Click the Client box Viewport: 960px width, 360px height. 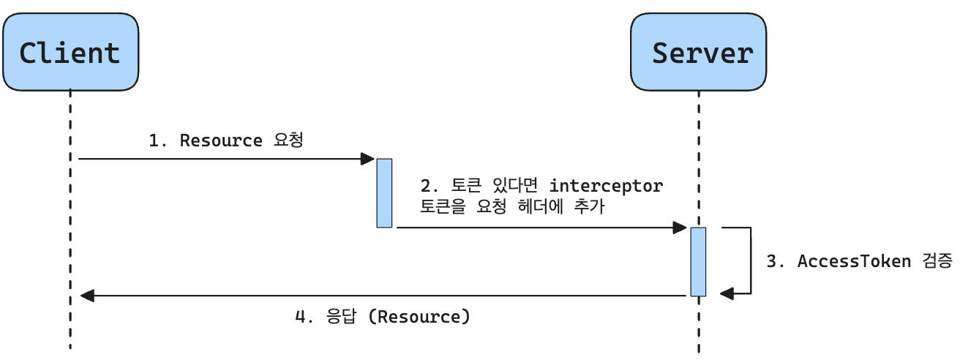tap(70, 52)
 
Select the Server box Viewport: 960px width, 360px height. tap(699, 52)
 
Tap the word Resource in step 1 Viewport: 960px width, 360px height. tap(220, 140)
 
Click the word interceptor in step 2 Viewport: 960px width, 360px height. tap(606, 186)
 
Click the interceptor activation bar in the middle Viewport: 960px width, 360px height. tap(384, 192)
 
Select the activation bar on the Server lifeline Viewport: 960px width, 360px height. tap(698, 261)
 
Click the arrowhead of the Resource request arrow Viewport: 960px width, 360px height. tap(369, 158)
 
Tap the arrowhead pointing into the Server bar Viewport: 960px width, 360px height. tap(680, 228)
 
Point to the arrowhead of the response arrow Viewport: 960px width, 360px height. tap(86, 296)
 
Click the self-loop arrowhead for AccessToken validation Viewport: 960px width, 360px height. tap(726, 293)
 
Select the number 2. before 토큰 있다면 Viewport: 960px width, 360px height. tap(430, 186)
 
